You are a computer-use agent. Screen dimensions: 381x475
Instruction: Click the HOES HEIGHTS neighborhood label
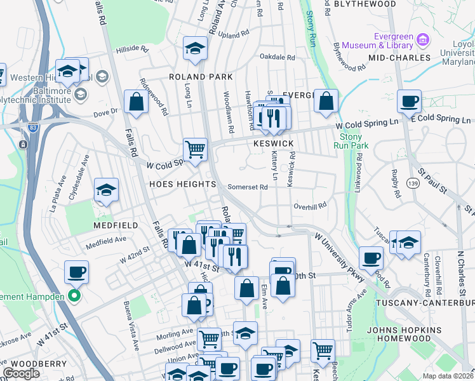point(183,184)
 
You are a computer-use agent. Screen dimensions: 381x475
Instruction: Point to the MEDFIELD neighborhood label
point(98,225)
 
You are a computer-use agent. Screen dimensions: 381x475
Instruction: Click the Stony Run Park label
point(351,141)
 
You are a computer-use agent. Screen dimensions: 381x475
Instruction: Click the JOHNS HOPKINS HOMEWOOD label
point(403,335)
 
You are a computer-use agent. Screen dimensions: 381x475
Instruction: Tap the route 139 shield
point(413,183)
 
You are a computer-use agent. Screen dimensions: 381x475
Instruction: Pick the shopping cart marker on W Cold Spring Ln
point(196,150)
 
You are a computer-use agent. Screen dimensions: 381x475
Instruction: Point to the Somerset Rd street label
point(248,187)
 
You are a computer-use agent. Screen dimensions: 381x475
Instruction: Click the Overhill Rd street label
point(309,206)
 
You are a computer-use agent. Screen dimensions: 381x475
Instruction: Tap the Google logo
point(21,373)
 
